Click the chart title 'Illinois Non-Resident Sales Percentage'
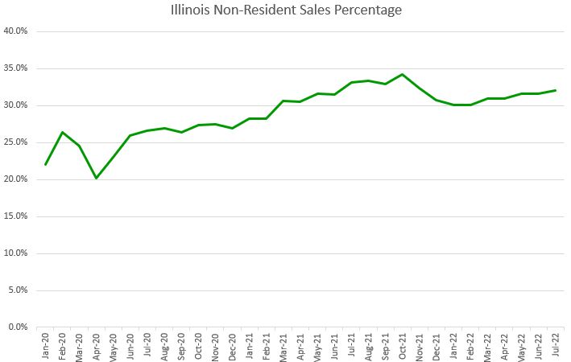pyautogui.click(x=286, y=10)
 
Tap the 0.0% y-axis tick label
pyautogui.click(x=18, y=327)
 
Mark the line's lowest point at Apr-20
pyautogui.click(x=97, y=178)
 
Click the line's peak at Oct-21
pyautogui.click(x=402, y=74)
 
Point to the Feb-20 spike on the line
pyautogui.click(x=63, y=132)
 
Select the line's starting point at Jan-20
pyautogui.click(x=46, y=164)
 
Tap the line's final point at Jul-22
pyautogui.click(x=555, y=90)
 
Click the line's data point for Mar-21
pyautogui.click(x=283, y=101)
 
